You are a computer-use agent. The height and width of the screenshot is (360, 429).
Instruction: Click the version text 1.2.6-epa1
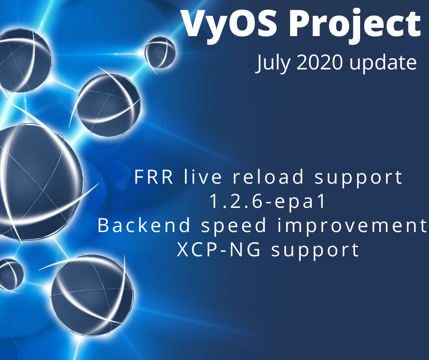pyautogui.click(x=268, y=202)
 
